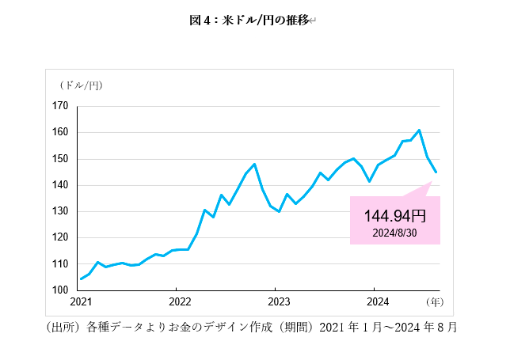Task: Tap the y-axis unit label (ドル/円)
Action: (80, 85)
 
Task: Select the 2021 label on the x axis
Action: (81, 301)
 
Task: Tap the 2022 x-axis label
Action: (180, 301)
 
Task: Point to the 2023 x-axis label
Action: (279, 301)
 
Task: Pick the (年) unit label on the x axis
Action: (434, 301)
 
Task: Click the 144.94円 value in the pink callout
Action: (394, 215)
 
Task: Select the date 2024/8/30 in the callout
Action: (394, 232)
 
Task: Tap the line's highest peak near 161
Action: (419, 130)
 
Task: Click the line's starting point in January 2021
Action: (81, 279)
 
